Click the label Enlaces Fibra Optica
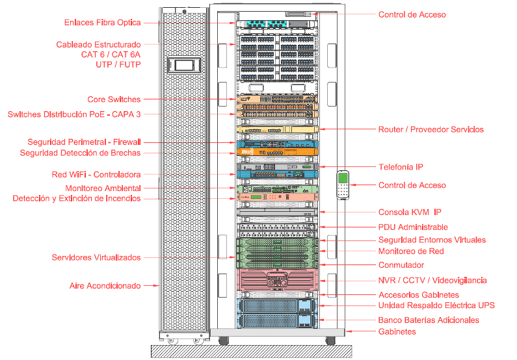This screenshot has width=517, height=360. pos(102,23)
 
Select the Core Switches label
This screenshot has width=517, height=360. pos(114,99)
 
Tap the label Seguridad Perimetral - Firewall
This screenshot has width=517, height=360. pos(84,142)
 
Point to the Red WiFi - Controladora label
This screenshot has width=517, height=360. pos(96,175)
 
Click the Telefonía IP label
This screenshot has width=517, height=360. pos(401,167)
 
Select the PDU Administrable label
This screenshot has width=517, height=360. pos(413,227)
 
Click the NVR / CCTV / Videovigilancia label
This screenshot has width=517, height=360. pos(432,281)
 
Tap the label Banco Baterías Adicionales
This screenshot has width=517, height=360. pos(429,320)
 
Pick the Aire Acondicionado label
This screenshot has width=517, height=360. pos(105,285)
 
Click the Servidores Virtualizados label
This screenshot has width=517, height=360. pos(96,257)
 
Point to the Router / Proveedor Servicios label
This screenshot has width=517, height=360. pos(431,129)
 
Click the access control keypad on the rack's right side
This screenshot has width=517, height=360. pos(343,185)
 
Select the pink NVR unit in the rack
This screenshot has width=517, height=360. pos(278,280)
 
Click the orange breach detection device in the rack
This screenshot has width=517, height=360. pos(278,153)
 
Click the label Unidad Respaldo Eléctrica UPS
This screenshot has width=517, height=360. pos(436,305)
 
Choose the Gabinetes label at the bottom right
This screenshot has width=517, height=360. pos(397,331)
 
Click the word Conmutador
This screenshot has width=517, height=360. pos(401,265)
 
